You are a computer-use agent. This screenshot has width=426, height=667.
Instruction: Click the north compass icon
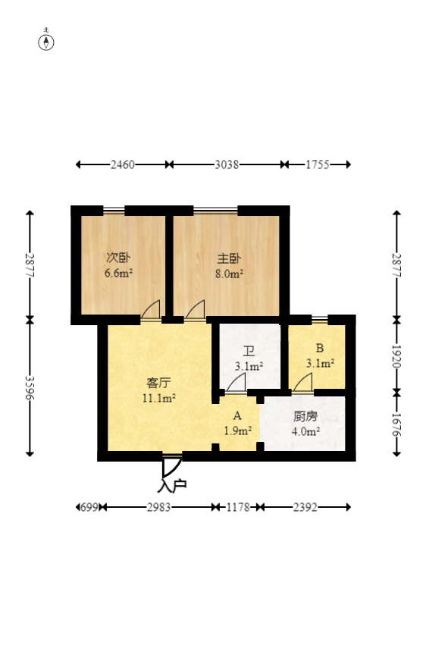(47, 41)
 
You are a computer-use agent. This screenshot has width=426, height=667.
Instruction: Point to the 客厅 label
(158, 382)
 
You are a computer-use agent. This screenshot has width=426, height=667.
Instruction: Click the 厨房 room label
(305, 416)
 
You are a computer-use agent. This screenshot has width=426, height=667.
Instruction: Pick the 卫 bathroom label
(249, 351)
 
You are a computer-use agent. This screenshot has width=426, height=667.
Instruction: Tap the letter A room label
(236, 416)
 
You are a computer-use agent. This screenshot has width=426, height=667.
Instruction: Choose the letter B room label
(320, 349)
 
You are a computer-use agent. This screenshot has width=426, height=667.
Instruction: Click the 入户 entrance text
(172, 485)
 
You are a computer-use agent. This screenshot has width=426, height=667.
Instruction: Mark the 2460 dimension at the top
(122, 164)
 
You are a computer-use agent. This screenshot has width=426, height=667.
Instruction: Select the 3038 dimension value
(227, 164)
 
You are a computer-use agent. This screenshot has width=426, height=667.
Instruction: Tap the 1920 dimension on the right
(396, 355)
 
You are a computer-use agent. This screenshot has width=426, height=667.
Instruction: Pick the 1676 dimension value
(396, 424)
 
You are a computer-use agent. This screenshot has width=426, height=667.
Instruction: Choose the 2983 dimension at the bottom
(159, 507)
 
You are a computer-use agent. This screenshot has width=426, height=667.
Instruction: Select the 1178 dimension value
(237, 507)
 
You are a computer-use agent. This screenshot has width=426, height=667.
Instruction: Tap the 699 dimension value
(89, 507)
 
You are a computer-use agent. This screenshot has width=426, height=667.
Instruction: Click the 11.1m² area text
(158, 396)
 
